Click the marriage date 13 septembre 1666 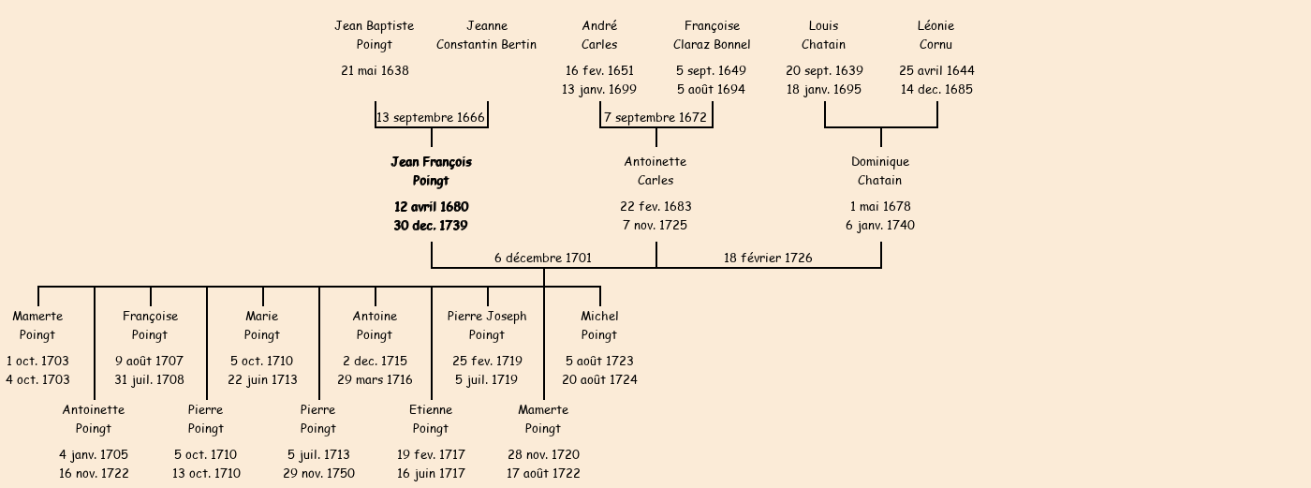tap(431, 118)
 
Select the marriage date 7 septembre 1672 tap(655, 118)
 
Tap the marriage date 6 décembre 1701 tap(543, 258)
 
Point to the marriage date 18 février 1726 tap(768, 258)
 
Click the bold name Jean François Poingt tap(431, 171)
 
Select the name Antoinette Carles tap(655, 171)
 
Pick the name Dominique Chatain tap(880, 171)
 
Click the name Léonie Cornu tap(936, 36)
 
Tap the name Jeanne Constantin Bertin tap(487, 36)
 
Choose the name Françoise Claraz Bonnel tap(712, 36)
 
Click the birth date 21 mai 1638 tap(375, 70)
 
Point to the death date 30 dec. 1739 tap(431, 226)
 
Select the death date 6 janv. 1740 tap(880, 226)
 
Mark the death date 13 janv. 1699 tap(599, 90)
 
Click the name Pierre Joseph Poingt tap(487, 326)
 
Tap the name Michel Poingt tap(599, 326)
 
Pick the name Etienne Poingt tap(431, 420)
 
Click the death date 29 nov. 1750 tap(318, 474)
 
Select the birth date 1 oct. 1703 tap(37, 361)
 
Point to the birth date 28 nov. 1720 tap(543, 454)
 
